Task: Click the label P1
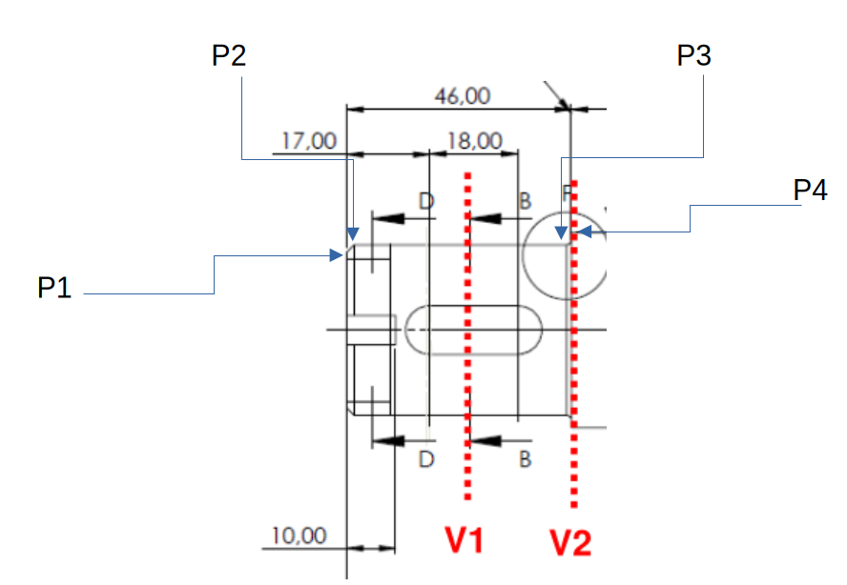(54, 288)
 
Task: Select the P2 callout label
(229, 55)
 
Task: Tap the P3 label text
(693, 56)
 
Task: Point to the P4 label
(810, 192)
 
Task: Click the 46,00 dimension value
(462, 95)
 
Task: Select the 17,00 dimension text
(309, 141)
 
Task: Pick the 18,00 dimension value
(474, 141)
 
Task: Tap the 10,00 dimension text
(299, 535)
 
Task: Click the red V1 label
(465, 541)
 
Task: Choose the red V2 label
(571, 543)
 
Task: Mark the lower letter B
(525, 459)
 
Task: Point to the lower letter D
(426, 459)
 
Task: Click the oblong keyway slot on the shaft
(474, 330)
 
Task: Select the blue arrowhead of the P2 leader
(353, 233)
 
